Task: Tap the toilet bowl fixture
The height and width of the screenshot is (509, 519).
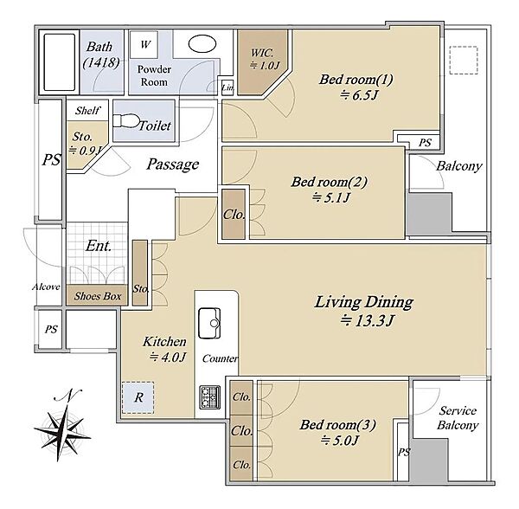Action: coord(126,121)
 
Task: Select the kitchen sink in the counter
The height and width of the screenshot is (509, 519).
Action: coord(209,323)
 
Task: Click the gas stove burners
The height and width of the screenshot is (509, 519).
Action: coord(210,397)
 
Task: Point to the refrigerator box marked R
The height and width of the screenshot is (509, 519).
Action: coord(138,397)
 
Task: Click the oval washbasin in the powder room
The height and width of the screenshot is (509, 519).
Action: coord(202,43)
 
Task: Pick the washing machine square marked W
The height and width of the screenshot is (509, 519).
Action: coord(144,44)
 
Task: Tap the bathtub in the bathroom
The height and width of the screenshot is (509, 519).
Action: coord(59,62)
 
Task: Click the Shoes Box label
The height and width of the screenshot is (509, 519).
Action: coord(98,296)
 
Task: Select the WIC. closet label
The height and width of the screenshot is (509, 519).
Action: coord(262,53)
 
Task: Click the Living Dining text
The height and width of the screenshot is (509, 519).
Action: coord(364,302)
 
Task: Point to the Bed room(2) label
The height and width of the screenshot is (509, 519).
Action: coord(330,182)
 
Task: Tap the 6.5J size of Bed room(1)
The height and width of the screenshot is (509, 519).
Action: coord(359,95)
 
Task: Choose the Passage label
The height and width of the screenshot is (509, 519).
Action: coord(173,164)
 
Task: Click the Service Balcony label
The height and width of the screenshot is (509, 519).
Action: coord(458,418)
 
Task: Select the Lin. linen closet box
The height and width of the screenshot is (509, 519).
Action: coord(227,87)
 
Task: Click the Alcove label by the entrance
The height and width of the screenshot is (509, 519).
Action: coord(46,287)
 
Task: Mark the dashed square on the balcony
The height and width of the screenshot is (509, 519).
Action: coord(464,61)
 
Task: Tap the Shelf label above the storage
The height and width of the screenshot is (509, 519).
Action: coord(87,110)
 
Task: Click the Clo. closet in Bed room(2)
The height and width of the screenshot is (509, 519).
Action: coord(234,215)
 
